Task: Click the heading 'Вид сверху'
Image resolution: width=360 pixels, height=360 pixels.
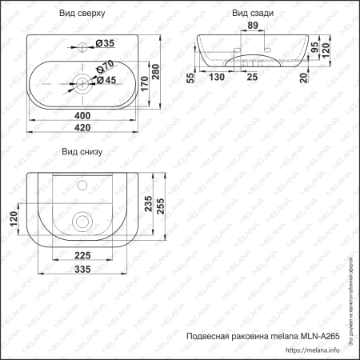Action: [80, 14]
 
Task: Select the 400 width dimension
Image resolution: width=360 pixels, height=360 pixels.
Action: [82, 117]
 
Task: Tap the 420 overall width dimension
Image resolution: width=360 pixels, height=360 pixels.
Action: [82, 126]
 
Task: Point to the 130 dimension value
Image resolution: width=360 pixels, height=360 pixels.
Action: [217, 77]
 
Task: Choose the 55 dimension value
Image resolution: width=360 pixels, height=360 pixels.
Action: [190, 77]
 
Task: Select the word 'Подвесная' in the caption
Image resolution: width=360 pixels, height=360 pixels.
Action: [206, 336]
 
